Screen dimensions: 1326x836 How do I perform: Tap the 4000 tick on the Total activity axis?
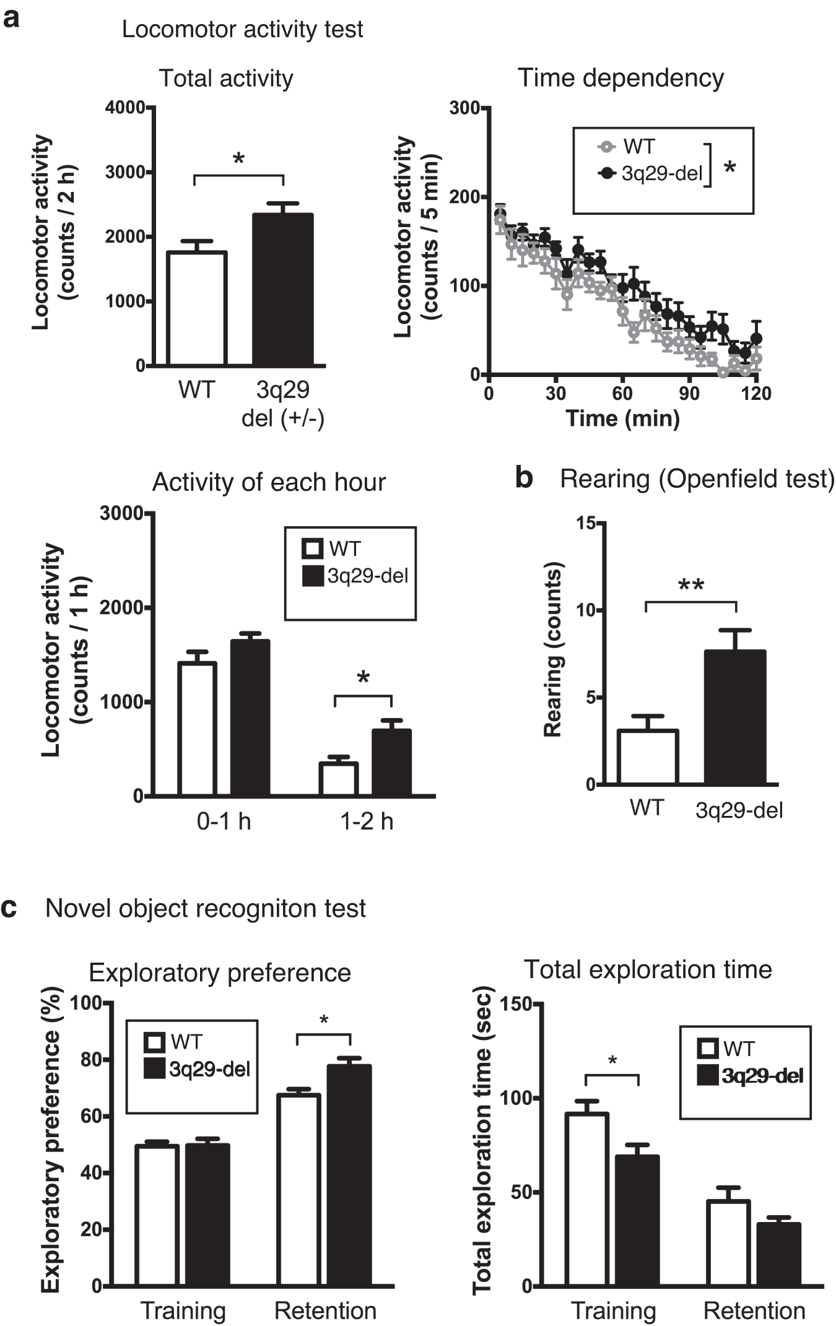click(x=124, y=108)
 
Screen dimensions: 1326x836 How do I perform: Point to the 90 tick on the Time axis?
click(x=689, y=393)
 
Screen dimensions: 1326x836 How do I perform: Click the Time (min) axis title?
click(x=622, y=419)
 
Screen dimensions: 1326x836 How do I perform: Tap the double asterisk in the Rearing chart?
click(x=691, y=585)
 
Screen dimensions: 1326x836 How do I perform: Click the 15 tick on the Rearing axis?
click(x=585, y=523)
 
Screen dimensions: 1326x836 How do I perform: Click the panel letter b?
click(x=524, y=479)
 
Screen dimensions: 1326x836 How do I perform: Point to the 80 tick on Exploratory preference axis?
click(x=91, y=1060)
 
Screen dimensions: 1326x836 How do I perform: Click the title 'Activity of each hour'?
click(x=269, y=482)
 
